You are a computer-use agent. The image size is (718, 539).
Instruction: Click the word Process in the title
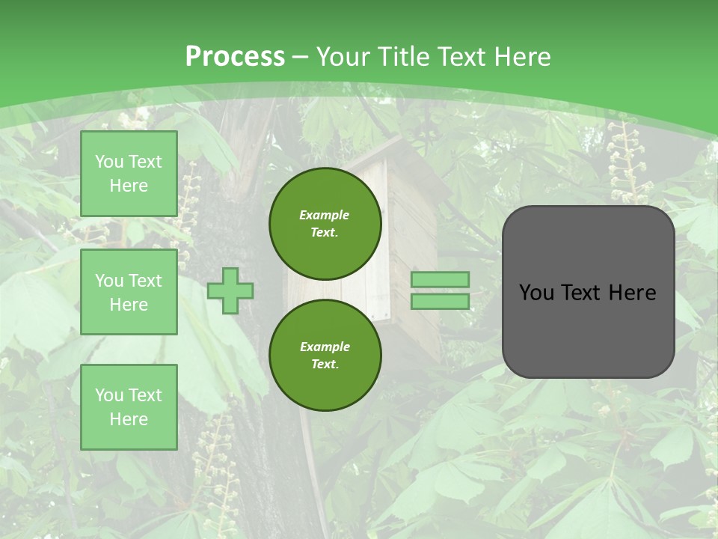(235, 57)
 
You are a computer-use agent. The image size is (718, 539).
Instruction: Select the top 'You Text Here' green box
(129, 174)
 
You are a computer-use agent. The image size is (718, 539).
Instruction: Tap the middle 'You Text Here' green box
(129, 292)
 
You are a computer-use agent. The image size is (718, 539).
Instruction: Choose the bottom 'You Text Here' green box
(129, 407)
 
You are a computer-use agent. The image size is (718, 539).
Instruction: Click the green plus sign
(230, 290)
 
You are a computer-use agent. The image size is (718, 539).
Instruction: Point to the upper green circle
(325, 224)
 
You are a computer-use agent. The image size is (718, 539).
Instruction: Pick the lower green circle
(325, 356)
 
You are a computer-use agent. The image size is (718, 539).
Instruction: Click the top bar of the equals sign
(440, 280)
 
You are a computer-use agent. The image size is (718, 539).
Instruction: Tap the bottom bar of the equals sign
(440, 302)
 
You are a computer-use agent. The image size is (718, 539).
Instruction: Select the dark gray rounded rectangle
(588, 329)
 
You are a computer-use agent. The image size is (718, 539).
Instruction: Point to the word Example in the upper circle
(325, 215)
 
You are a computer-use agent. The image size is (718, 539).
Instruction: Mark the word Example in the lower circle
(325, 347)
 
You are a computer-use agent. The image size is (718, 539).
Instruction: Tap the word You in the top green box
(109, 162)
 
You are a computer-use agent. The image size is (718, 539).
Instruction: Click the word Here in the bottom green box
(129, 419)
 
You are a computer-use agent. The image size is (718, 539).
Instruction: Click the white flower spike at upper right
(625, 161)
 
